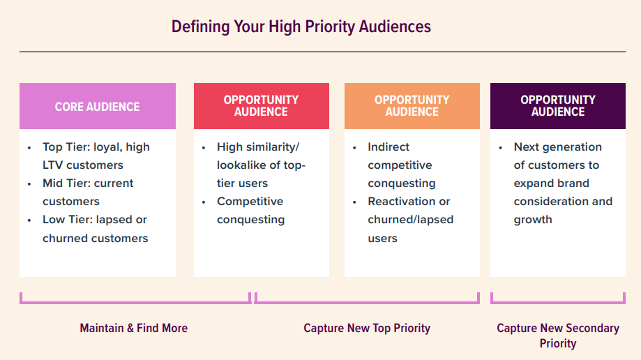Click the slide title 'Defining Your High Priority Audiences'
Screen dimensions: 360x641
(301, 27)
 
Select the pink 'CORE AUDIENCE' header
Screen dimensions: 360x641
(97, 107)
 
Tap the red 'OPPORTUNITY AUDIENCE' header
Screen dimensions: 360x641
(261, 106)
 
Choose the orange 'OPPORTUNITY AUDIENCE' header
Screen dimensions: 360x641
(412, 106)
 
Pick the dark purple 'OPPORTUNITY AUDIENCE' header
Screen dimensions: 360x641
(558, 106)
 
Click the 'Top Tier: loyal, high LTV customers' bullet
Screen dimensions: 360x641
(96, 156)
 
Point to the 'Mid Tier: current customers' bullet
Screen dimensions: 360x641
(88, 193)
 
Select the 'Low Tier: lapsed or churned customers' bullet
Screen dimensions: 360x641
(95, 229)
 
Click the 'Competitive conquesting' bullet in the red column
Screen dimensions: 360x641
(250, 211)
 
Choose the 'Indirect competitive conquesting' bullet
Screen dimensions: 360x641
(401, 165)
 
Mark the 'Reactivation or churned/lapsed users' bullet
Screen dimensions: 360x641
(410, 220)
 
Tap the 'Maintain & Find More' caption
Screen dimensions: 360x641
(133, 328)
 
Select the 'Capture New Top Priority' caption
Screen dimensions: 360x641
(367, 328)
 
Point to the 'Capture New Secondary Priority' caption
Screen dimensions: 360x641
(557, 336)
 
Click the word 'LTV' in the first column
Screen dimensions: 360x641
(54, 165)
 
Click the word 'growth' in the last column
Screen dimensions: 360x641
(533, 220)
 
